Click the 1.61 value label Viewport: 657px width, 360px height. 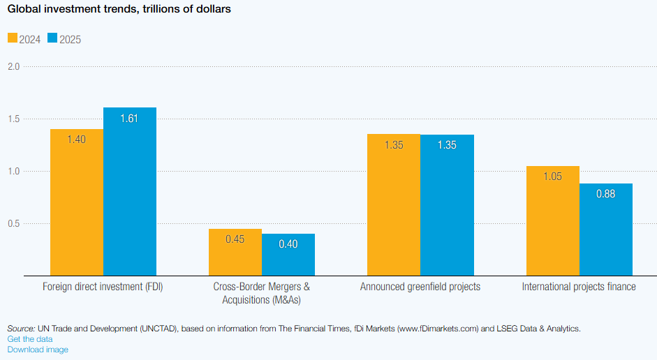129,118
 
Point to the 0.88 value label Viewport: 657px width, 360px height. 605,194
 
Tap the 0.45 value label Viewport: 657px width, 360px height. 235,239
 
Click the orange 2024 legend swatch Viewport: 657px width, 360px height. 13,38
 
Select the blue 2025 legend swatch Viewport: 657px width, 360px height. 52,38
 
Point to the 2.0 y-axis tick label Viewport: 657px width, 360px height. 13,66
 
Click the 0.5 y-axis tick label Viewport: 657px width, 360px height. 13,224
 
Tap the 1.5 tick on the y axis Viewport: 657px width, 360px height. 13,119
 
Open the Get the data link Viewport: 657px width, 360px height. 29,338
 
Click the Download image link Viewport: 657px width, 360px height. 38,350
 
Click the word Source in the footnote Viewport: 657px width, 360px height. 21,328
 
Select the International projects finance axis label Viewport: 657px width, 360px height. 579,287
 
